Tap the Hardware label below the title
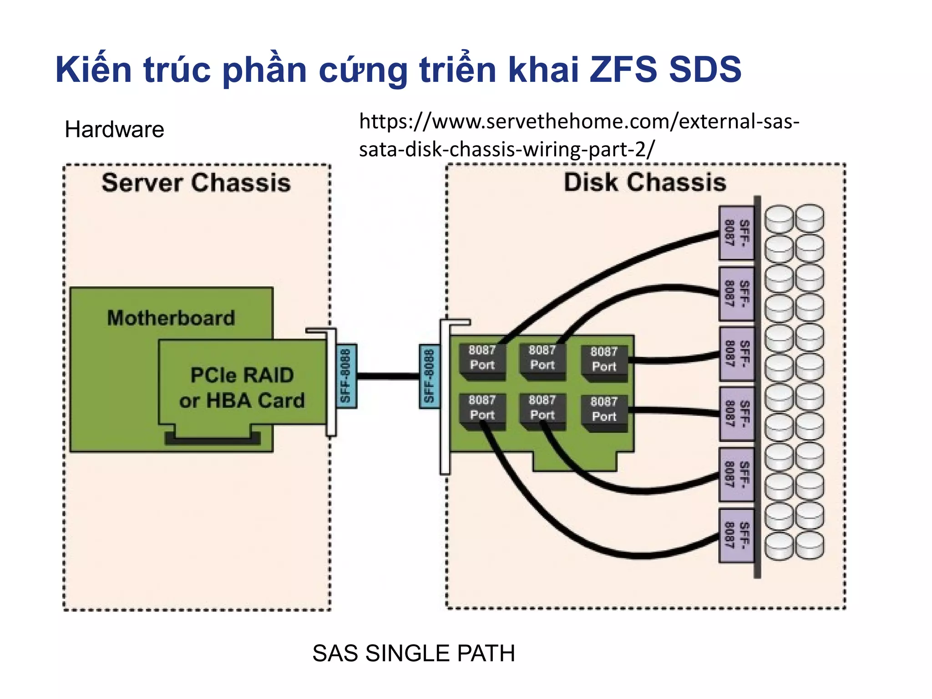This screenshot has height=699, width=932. [114, 130]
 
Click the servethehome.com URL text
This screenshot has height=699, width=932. [578, 135]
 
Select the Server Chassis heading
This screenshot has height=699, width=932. [196, 183]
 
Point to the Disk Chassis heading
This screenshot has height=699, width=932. [645, 182]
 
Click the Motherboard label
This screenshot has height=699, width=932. [171, 318]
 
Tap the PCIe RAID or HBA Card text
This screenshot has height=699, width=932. [242, 388]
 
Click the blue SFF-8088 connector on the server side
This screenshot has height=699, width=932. [346, 376]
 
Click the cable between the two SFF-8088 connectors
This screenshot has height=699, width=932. [388, 376]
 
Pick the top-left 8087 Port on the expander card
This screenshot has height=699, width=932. [482, 359]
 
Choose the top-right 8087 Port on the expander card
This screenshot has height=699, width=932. [604, 360]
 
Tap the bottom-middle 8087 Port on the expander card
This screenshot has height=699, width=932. [542, 409]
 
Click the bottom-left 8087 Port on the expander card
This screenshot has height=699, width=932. [482, 409]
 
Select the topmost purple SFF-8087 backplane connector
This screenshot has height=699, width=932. [736, 233]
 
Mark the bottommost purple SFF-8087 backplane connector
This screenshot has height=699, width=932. [736, 535]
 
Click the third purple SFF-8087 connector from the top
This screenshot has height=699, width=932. [736, 354]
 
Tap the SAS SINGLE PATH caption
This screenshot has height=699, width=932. [414, 653]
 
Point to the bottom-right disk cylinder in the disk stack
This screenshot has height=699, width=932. [810, 545]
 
